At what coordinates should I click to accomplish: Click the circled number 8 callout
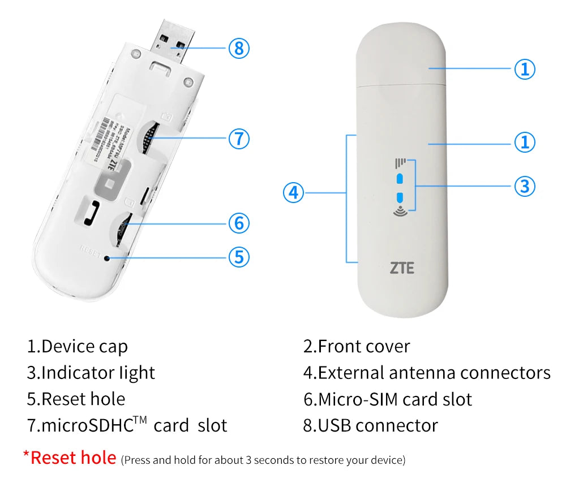point(239,48)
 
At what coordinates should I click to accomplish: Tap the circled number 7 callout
point(239,138)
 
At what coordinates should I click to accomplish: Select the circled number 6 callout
point(239,223)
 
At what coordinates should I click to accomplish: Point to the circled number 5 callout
point(239,257)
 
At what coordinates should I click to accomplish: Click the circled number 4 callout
point(293,193)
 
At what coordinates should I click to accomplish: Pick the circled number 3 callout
point(525,186)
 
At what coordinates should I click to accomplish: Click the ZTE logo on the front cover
point(402,268)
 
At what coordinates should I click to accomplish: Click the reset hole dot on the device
point(106,257)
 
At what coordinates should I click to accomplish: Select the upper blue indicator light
point(400,179)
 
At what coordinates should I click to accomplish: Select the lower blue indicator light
point(400,197)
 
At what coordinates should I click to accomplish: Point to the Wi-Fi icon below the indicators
point(400,212)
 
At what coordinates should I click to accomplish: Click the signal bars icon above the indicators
point(400,164)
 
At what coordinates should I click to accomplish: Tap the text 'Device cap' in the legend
point(84,346)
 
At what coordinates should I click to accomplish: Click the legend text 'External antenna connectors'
point(434,373)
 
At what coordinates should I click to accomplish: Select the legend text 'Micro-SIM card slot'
point(395,399)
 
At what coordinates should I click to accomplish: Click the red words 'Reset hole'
point(73,457)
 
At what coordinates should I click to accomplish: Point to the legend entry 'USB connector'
point(378,425)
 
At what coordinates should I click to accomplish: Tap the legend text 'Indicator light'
point(98,373)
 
